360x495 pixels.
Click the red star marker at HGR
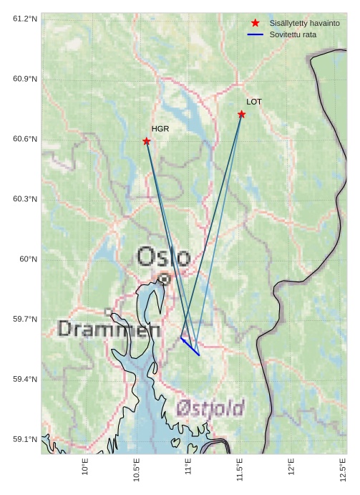pos(147,142)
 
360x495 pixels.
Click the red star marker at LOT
pos(242,115)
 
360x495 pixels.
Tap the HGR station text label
pos(160,129)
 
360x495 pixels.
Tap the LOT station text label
pos(254,102)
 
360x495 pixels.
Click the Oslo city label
pos(163,256)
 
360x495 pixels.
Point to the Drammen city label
pos(109,330)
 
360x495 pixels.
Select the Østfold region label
pos(210,408)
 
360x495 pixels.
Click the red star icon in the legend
pos(256,23)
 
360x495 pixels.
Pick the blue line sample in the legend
pos(256,34)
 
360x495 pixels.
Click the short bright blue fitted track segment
pos(190,346)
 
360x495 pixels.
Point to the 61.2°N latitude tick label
pos(25,18)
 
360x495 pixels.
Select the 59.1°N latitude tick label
pos(25,439)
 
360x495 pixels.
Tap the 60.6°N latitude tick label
pos(25,138)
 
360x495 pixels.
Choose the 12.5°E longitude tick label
pos(343,469)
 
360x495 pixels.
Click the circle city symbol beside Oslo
pos(165,279)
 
